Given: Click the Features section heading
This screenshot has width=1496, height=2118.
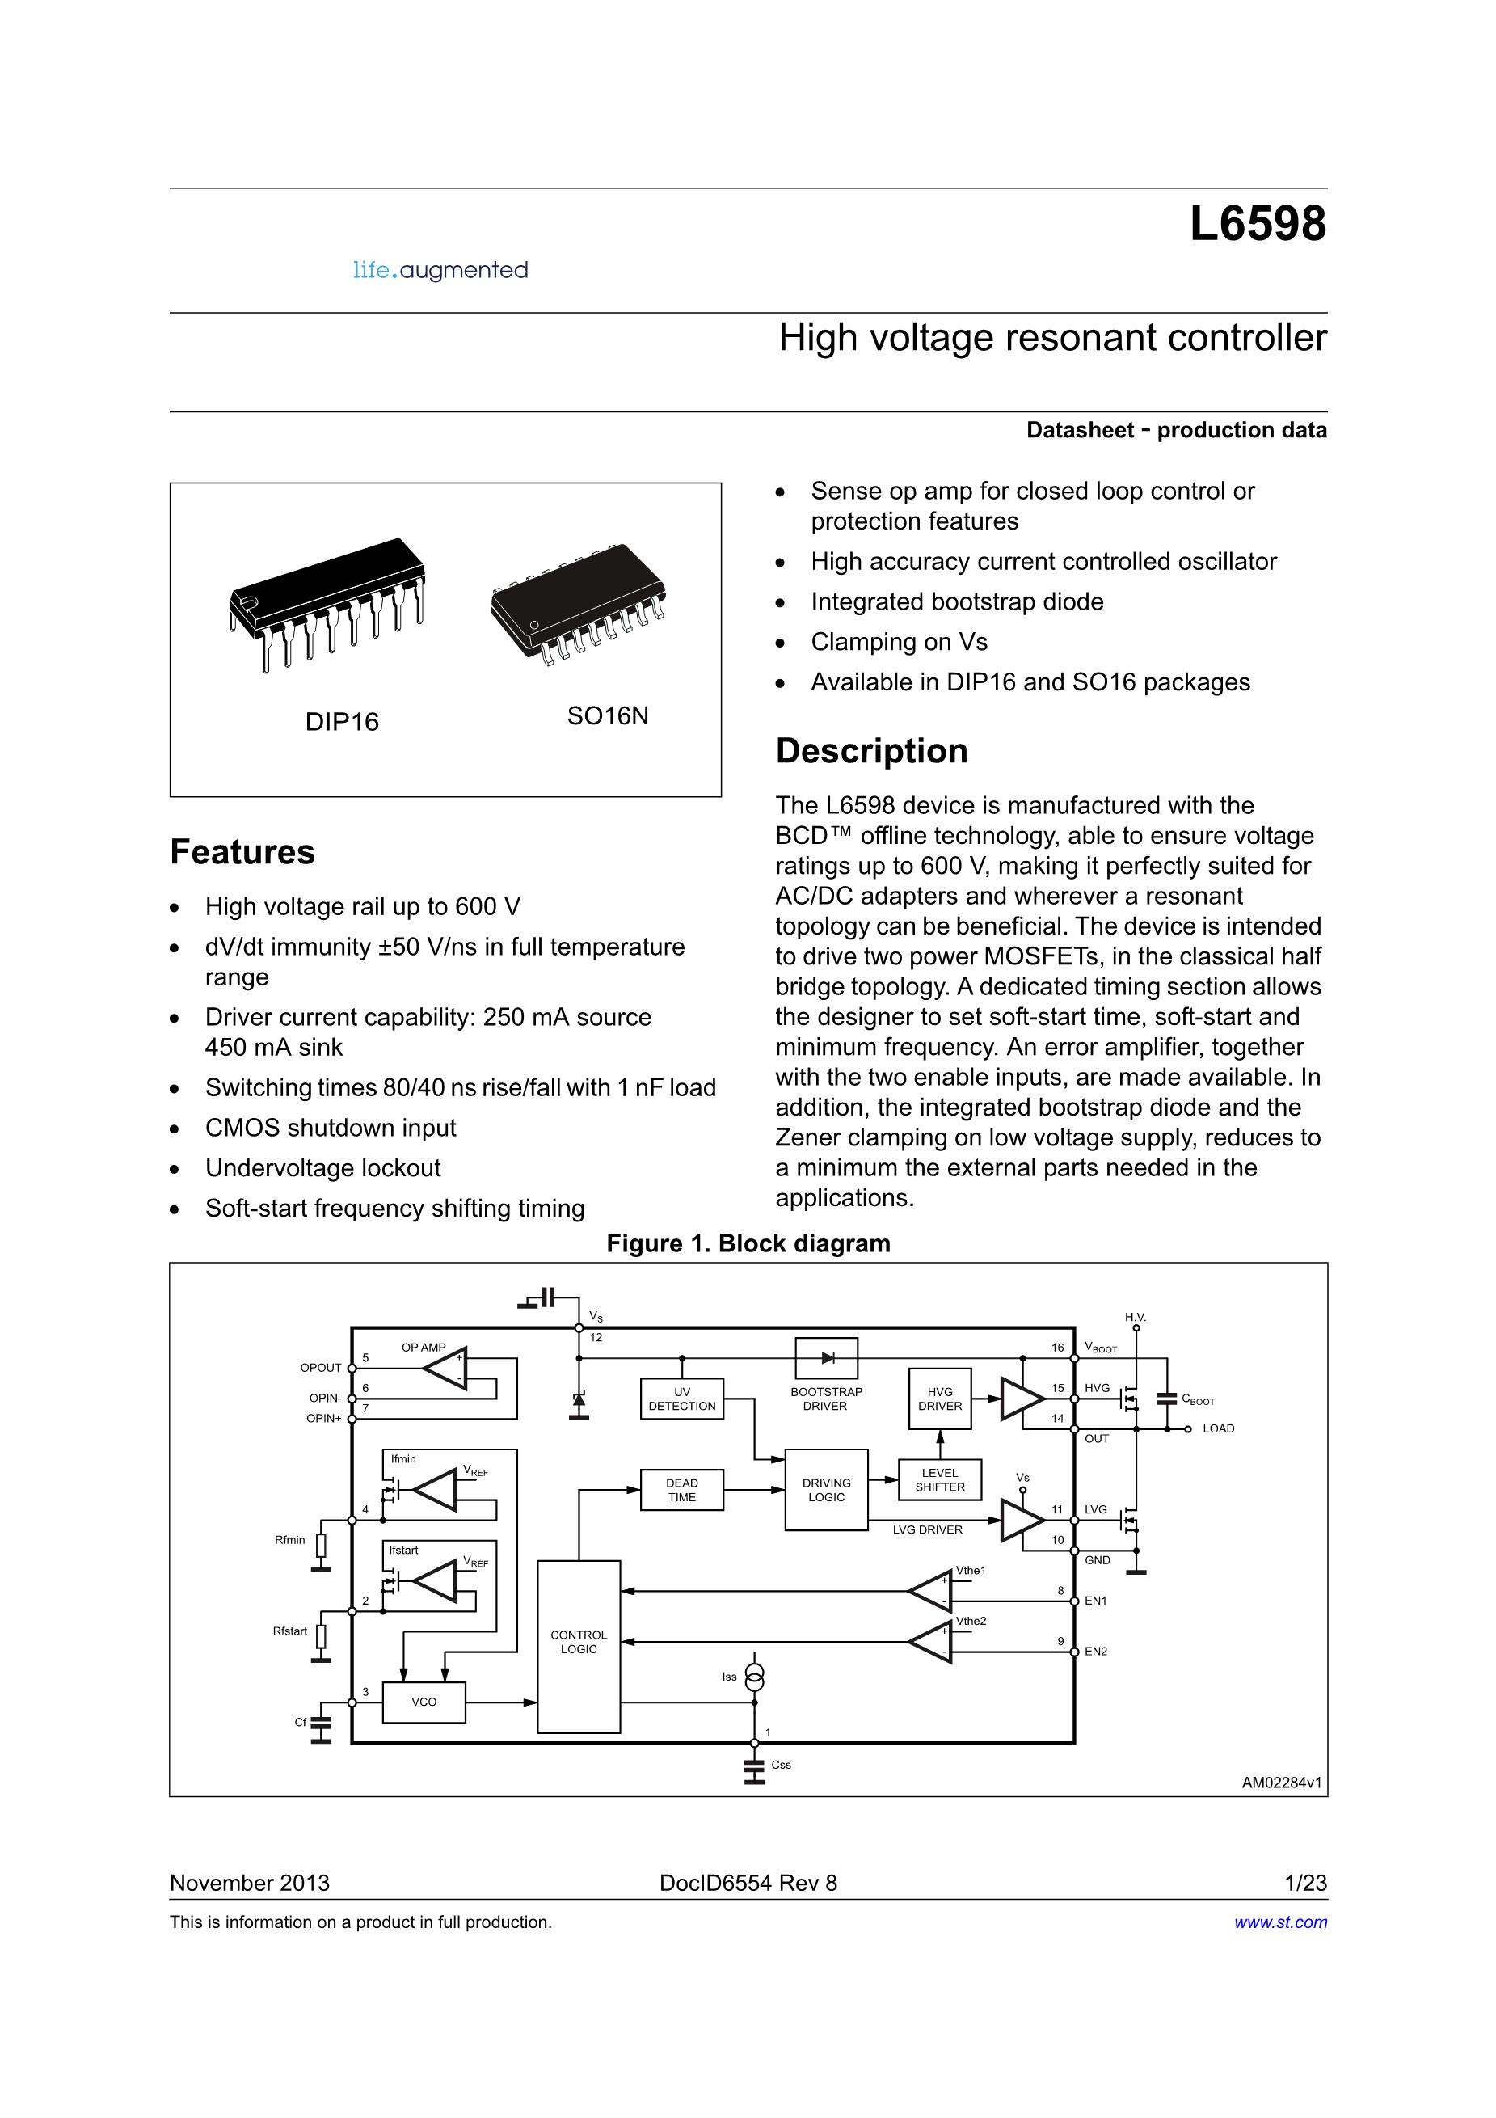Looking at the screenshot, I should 242,851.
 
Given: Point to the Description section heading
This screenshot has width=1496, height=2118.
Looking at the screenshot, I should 871,751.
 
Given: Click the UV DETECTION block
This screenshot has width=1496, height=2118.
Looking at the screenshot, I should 681,1399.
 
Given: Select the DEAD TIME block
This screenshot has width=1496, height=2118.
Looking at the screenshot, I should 681,1490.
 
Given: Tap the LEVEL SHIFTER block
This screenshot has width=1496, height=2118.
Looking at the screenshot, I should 939,1479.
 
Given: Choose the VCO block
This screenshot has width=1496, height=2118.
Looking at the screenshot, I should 424,1702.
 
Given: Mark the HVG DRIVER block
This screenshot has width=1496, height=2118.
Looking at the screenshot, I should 939,1399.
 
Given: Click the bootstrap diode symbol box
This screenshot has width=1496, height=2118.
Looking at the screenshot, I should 827,1358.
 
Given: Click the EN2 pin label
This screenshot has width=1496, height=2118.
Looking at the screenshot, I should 1095,1652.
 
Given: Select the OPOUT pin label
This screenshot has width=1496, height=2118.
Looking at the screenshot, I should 321,1367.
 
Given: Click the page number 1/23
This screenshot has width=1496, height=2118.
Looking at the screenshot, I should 1306,1883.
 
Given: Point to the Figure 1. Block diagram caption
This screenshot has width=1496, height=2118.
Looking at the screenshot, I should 748,1243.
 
